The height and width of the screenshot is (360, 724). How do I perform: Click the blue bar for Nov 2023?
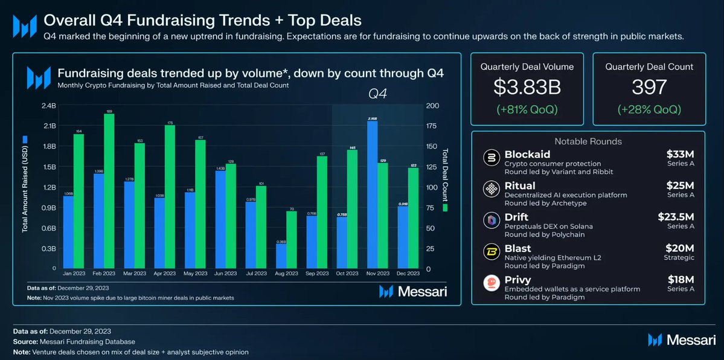372,194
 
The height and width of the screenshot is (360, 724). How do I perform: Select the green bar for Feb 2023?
109,191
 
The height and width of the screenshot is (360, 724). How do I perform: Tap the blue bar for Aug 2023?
281,256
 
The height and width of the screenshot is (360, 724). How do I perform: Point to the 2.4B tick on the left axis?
48,106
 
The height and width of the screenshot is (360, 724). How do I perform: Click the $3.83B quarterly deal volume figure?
527,87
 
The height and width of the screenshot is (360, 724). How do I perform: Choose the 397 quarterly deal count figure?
649,87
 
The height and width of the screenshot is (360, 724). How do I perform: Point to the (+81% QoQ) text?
527,110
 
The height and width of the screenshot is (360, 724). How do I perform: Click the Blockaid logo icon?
492,158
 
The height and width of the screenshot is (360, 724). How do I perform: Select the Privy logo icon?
492,284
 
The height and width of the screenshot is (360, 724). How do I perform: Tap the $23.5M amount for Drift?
676,216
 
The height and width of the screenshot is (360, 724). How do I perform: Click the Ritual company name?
521,185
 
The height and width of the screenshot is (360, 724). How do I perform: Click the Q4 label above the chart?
378,94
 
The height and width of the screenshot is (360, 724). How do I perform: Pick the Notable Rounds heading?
588,141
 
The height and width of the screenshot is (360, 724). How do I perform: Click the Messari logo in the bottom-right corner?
682,340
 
